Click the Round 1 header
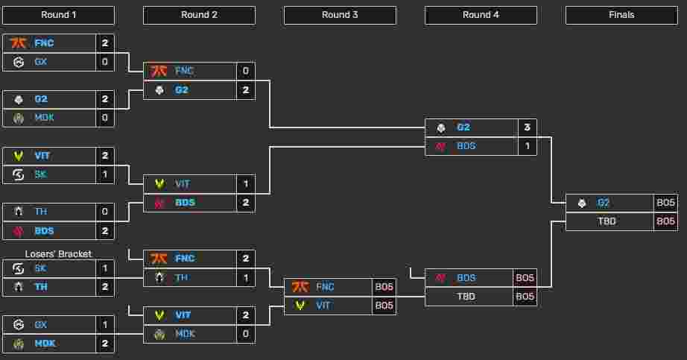pyautogui.click(x=58, y=15)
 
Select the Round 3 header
pyautogui.click(x=340, y=15)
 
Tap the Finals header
pyautogui.click(x=621, y=15)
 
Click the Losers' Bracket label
pyautogui.click(x=58, y=254)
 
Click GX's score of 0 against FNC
pyautogui.click(x=105, y=62)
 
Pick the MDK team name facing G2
pyautogui.click(x=44, y=118)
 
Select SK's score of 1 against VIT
pyautogui.click(x=105, y=174)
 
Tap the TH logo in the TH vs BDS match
pyautogui.click(x=18, y=212)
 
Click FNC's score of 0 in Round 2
pyautogui.click(x=245, y=72)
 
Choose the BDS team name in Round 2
pyautogui.click(x=185, y=203)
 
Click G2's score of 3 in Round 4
pyautogui.click(x=527, y=127)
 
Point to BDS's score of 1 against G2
pyautogui.click(x=527, y=146)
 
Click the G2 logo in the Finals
pyautogui.click(x=582, y=203)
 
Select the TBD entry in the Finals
pyautogui.click(x=607, y=221)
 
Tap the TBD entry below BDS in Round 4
pyautogui.click(x=466, y=297)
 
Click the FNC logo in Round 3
pyautogui.click(x=300, y=287)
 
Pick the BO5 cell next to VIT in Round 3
pyautogui.click(x=384, y=306)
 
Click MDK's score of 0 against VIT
pyautogui.click(x=245, y=334)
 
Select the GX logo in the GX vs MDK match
pyautogui.click(x=18, y=325)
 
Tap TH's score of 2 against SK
pyautogui.click(x=105, y=287)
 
